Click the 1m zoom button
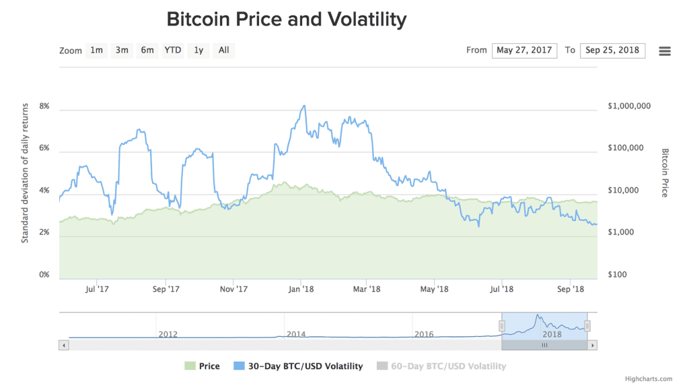pyautogui.click(x=97, y=51)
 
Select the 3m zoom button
pyautogui.click(x=122, y=51)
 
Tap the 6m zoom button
pyautogui.click(x=147, y=51)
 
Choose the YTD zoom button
pyautogui.click(x=173, y=51)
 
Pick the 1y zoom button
pyautogui.click(x=198, y=51)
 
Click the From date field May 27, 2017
pyautogui.click(x=525, y=51)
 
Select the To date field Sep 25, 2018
pyautogui.click(x=612, y=51)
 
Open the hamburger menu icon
pyautogui.click(x=665, y=51)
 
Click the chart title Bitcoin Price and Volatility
pyautogui.click(x=287, y=19)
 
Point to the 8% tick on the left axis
pyautogui.click(x=45, y=106)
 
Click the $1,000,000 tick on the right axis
pyautogui.click(x=628, y=106)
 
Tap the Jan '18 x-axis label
pyautogui.click(x=300, y=289)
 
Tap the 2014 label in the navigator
pyautogui.click(x=296, y=334)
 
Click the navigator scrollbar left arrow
pyautogui.click(x=64, y=345)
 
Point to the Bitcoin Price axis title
pyautogui.click(x=665, y=172)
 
